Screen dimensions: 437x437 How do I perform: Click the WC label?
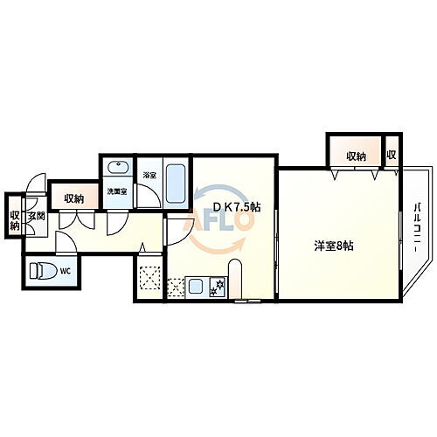(x=65, y=270)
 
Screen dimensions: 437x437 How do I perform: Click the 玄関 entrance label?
(x=35, y=217)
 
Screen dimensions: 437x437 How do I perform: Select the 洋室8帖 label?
(x=334, y=246)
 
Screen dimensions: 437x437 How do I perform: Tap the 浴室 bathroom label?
(x=149, y=175)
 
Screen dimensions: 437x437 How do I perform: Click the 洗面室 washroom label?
(x=117, y=191)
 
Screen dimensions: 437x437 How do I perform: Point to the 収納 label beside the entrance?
(x=14, y=221)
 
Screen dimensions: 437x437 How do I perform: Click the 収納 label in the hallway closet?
(x=74, y=199)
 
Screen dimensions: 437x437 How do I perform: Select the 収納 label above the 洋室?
(x=355, y=156)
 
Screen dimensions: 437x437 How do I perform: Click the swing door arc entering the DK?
(x=177, y=230)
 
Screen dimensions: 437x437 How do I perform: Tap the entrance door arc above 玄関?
(x=34, y=185)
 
